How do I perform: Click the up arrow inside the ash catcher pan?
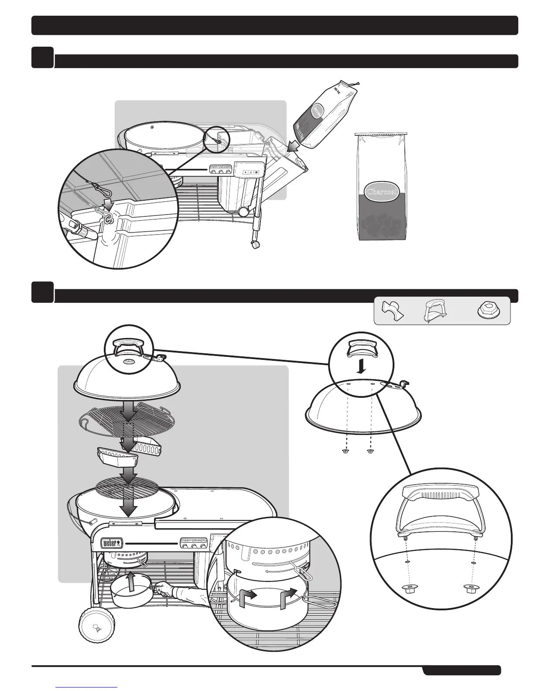click(130, 582)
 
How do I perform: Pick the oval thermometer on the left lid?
click(129, 361)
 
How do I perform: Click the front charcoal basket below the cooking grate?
click(116, 458)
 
